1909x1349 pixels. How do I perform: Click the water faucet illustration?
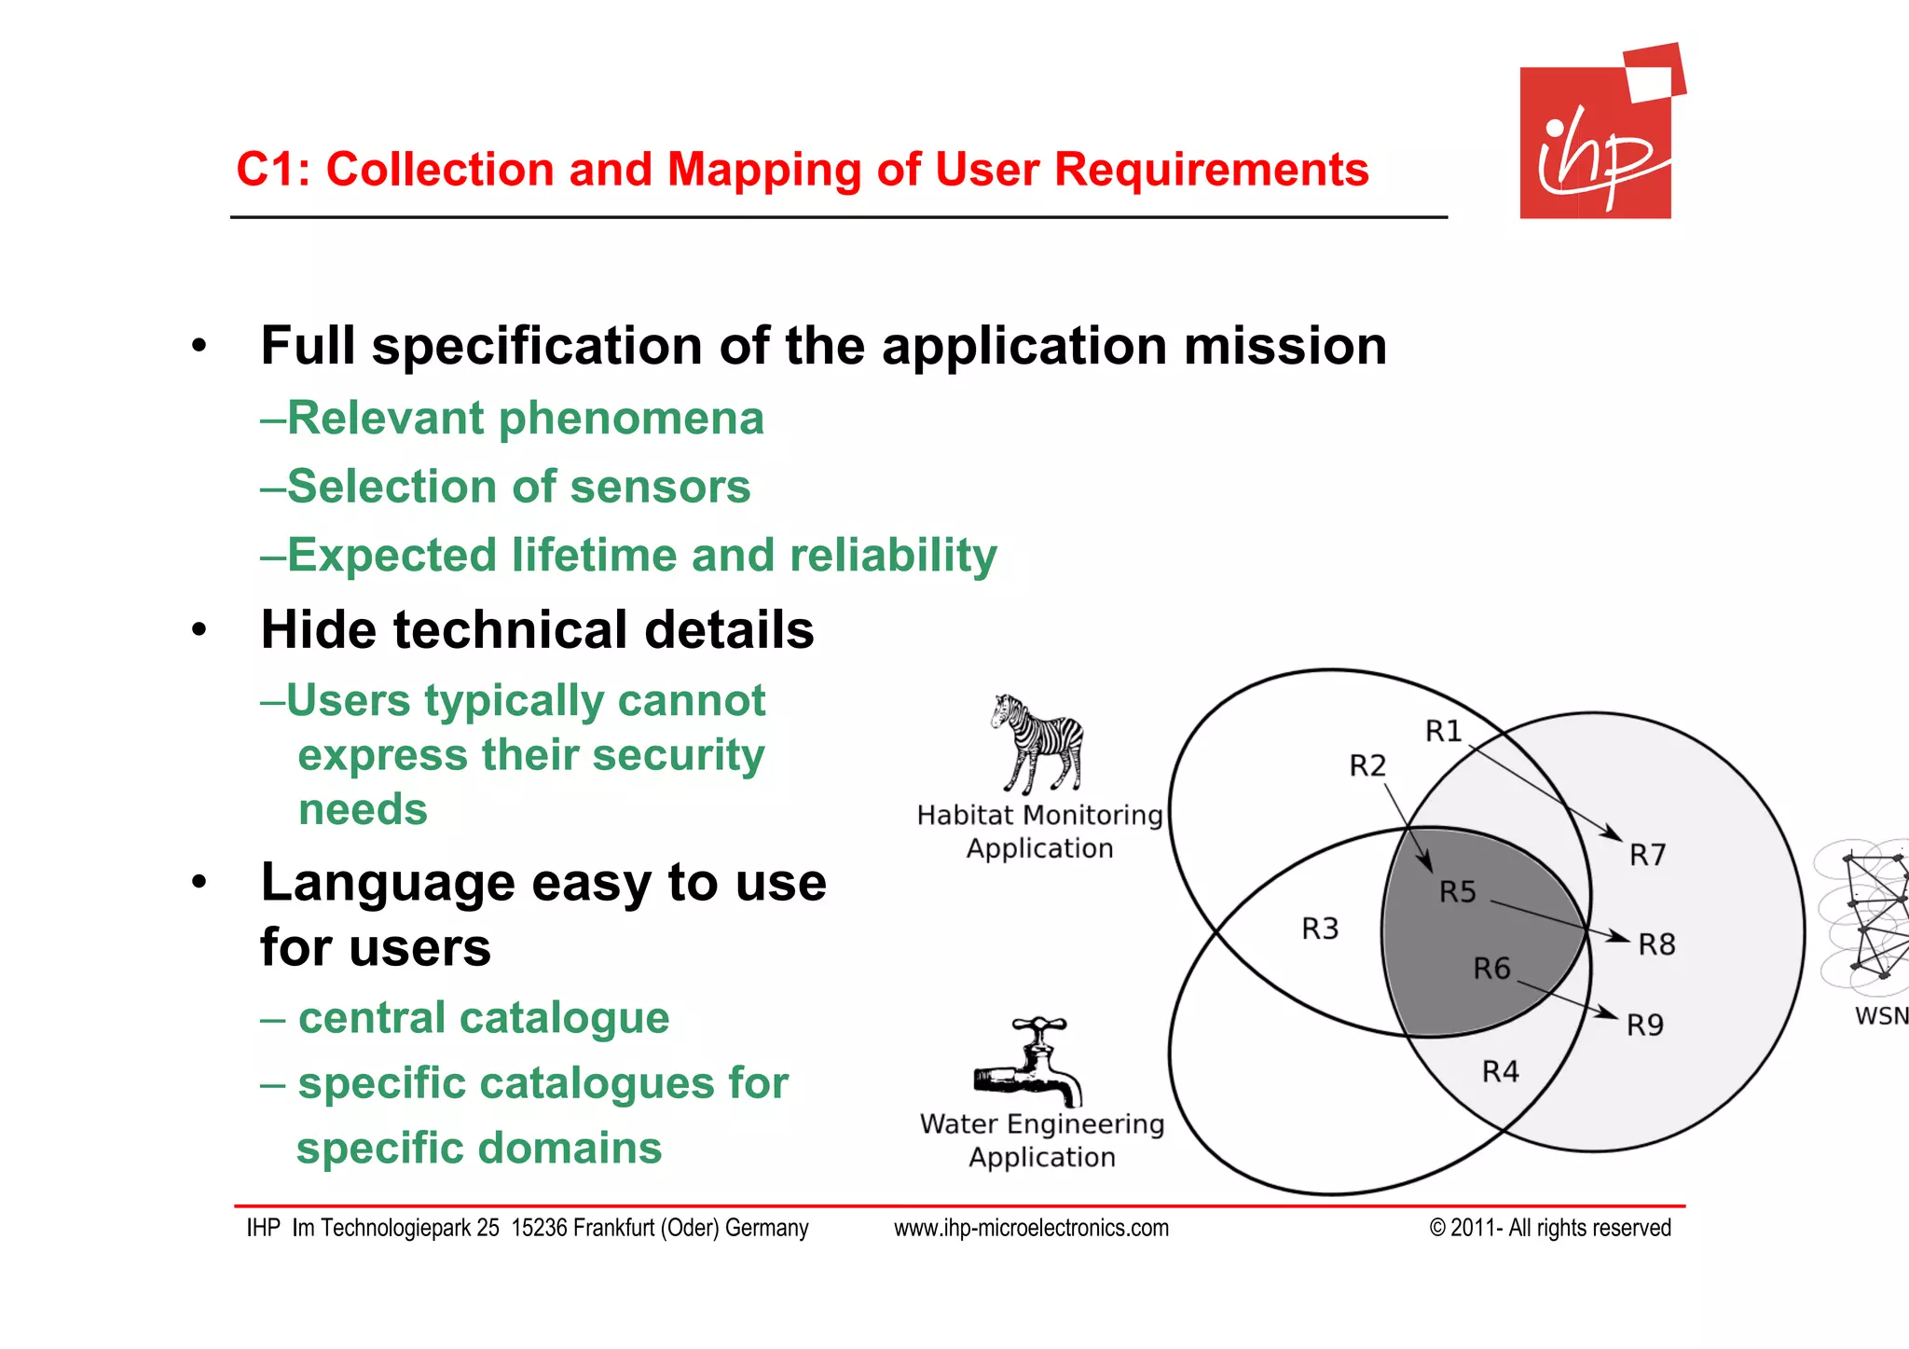click(x=1029, y=1064)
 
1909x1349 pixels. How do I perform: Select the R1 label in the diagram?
click(x=1443, y=732)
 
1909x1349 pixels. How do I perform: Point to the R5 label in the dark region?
click(x=1457, y=892)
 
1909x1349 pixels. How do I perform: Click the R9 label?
click(x=1644, y=1026)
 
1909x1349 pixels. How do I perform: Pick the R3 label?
click(x=1319, y=929)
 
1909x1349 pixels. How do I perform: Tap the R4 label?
click(x=1500, y=1072)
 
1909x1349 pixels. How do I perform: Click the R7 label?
click(x=1647, y=855)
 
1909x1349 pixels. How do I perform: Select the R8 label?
click(x=1656, y=944)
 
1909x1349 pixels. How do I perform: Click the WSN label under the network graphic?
click(x=1880, y=1016)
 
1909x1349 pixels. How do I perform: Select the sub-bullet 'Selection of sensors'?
click(x=518, y=487)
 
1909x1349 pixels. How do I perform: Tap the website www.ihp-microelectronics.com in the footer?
click(x=1031, y=1229)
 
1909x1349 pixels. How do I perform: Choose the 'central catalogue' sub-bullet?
click(x=483, y=1018)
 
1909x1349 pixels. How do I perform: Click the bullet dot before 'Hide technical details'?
click(x=199, y=630)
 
